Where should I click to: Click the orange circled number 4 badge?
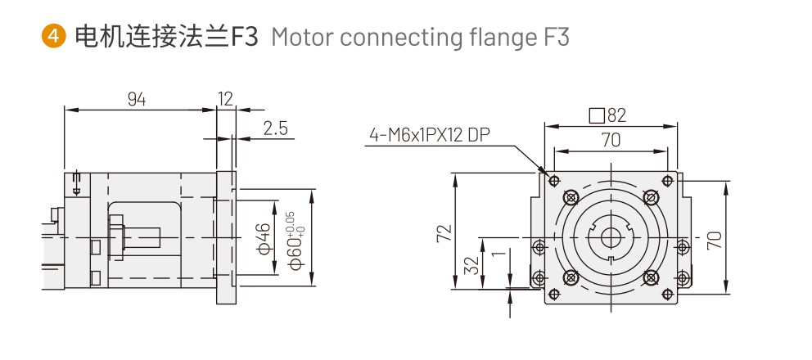point(54,37)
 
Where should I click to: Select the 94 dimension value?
point(137,99)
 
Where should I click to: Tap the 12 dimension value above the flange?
point(225,99)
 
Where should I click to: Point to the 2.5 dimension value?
point(276,128)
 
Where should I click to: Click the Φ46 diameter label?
point(264,237)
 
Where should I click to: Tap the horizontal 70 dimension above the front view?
point(611,140)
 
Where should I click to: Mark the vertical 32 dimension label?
point(471,265)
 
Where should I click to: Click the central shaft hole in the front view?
point(611,237)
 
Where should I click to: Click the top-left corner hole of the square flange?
point(554,181)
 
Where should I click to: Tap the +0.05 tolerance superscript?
point(289,219)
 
